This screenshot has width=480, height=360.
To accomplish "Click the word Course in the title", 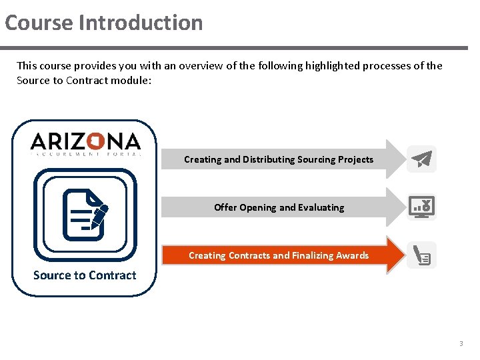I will [x=39, y=23].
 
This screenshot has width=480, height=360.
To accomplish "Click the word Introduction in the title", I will [x=141, y=23].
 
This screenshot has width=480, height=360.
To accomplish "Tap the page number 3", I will [x=460, y=344].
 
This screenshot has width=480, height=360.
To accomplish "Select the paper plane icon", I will [x=422, y=159].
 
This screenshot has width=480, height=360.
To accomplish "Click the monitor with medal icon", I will [x=422, y=207].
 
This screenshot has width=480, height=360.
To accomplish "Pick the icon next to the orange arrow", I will [x=422, y=255].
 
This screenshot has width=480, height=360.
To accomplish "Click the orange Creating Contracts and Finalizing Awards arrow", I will [x=280, y=255].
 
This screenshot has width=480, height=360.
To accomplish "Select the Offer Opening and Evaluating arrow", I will [x=280, y=207].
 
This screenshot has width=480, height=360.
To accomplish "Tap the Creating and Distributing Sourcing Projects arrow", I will [x=280, y=159].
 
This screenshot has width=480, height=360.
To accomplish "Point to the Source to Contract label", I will [x=85, y=275].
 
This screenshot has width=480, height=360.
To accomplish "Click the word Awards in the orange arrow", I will [x=353, y=255].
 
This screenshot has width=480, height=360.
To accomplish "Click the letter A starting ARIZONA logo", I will [x=39, y=141].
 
